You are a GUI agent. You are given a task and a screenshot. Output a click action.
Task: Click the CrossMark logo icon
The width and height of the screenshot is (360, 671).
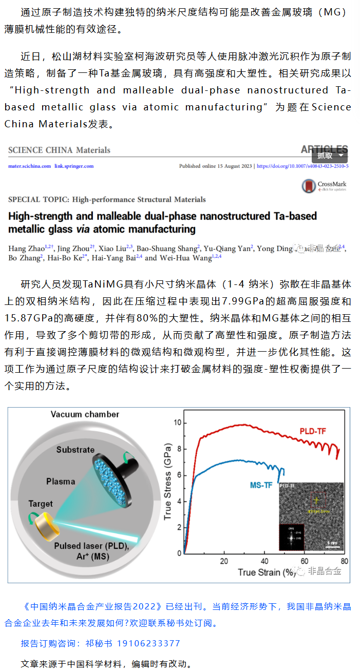(309, 186)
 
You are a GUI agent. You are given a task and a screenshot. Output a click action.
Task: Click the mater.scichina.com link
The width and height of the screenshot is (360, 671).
(29, 166)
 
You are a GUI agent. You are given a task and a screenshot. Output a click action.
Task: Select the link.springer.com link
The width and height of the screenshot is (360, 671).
(74, 166)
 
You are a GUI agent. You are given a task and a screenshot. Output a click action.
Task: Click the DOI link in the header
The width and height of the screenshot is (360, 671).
(302, 166)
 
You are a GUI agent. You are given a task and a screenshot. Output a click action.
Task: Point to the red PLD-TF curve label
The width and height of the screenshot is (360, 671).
(313, 432)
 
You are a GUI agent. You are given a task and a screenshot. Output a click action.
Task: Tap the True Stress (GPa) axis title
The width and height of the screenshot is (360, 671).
(167, 482)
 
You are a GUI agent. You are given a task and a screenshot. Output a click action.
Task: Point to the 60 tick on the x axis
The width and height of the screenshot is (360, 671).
(304, 561)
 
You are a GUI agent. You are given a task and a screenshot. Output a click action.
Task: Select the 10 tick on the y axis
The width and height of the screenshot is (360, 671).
(178, 422)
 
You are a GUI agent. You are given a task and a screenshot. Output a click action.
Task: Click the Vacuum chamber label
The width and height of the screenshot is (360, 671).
(85, 414)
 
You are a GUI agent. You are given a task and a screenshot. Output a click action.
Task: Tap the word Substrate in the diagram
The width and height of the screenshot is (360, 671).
(75, 450)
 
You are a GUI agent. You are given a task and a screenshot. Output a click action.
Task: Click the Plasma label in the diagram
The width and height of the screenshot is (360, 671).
(61, 482)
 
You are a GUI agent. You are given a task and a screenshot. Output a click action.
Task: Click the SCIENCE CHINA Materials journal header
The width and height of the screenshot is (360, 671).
(59, 150)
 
